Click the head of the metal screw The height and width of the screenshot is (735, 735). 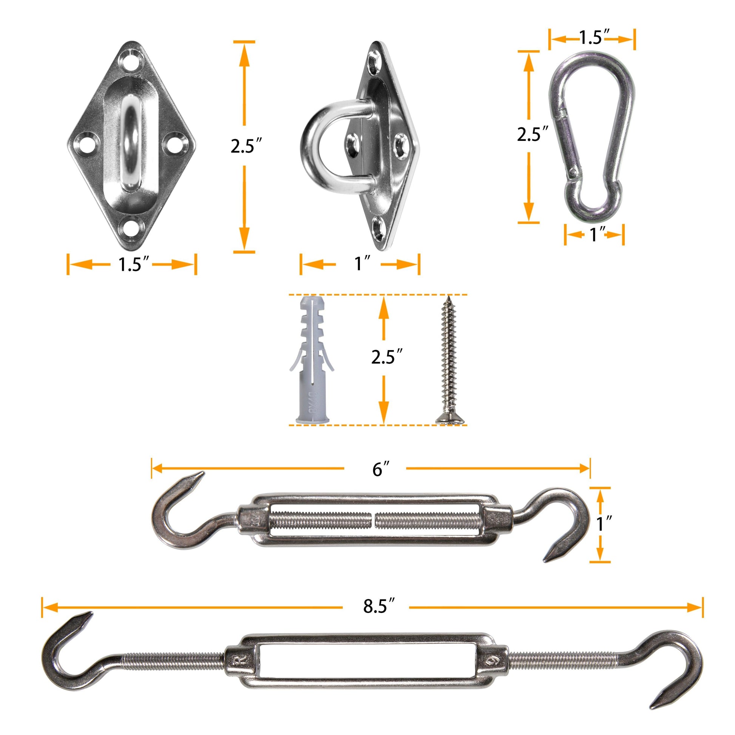(x=451, y=419)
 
